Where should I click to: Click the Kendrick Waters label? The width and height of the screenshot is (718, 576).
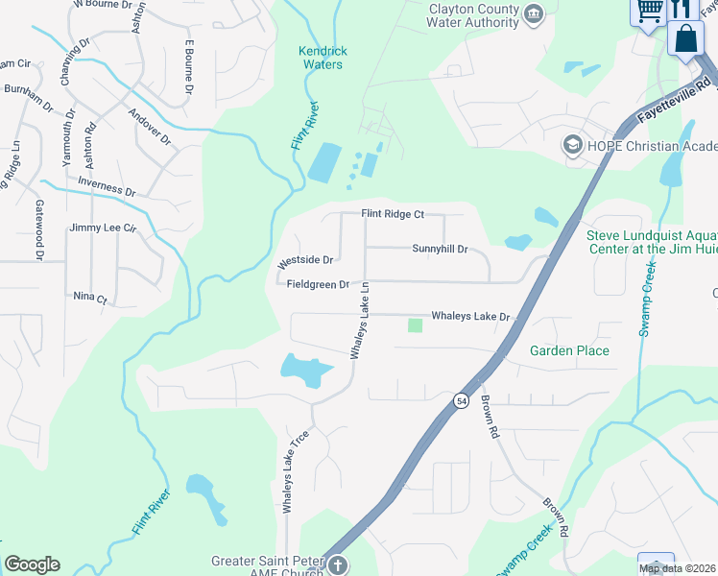tap(323, 58)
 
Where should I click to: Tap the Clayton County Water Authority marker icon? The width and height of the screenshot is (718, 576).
tap(535, 12)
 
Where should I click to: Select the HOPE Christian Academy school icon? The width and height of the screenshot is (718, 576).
tap(573, 145)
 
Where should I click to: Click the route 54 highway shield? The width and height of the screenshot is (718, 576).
tap(461, 399)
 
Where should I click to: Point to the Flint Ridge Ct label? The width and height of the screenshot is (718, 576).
tap(392, 214)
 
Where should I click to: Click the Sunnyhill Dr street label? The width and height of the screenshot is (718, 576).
tap(440, 249)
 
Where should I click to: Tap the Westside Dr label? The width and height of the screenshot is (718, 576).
tap(305, 260)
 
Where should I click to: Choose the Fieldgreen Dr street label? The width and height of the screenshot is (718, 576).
tap(318, 284)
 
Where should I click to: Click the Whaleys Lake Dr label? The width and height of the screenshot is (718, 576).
tap(469, 315)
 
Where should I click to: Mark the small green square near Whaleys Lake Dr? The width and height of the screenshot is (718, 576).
tap(415, 325)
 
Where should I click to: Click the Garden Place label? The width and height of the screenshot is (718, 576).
tap(569, 350)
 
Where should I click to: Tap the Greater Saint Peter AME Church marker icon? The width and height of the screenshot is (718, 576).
tap(338, 565)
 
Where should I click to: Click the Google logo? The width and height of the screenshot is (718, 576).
tap(32, 564)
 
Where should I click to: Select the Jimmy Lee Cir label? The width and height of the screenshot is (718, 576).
tap(104, 228)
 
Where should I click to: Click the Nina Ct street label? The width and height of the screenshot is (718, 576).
tap(90, 298)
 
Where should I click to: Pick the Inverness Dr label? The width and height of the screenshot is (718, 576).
tap(106, 186)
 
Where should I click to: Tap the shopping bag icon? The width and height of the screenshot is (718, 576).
tap(685, 39)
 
